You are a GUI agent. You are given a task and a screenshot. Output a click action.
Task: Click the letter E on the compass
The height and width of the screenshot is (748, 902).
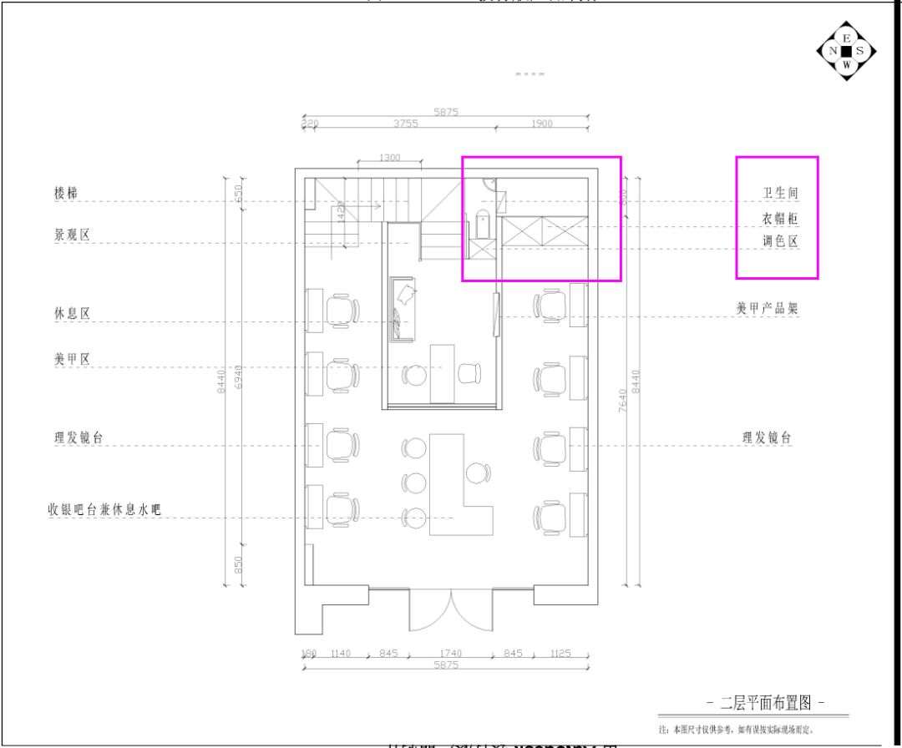[x=846, y=38]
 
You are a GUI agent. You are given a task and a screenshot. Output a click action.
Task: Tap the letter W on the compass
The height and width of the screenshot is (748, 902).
[x=846, y=64]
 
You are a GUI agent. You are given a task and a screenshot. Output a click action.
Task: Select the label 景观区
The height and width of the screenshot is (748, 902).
[x=72, y=235]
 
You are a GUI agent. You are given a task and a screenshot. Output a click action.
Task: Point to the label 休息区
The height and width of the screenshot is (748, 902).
[x=72, y=313]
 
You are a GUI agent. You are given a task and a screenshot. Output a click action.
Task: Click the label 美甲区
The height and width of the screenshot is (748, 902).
[x=72, y=359]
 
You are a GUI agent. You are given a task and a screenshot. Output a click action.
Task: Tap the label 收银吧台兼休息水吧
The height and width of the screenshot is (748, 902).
[x=104, y=509]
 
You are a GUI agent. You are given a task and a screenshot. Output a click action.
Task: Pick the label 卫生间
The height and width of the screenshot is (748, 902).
[x=780, y=193]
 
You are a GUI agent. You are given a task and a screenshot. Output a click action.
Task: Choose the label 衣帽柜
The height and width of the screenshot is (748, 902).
[x=780, y=219]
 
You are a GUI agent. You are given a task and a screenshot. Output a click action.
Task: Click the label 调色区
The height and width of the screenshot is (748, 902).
[x=780, y=241]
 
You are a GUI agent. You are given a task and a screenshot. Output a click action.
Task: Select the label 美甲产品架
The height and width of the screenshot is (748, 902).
[x=767, y=308]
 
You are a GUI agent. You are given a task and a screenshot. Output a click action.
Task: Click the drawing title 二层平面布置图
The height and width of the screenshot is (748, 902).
[x=766, y=702]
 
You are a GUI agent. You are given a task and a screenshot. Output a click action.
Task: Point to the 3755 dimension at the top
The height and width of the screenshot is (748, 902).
[x=405, y=124]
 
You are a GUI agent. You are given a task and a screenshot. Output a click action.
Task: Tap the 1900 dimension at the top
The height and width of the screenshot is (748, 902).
[x=541, y=124]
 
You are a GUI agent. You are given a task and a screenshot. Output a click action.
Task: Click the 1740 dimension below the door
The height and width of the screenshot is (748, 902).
[x=451, y=654]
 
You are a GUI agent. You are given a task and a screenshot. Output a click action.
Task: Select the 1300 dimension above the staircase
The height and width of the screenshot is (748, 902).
[x=389, y=157]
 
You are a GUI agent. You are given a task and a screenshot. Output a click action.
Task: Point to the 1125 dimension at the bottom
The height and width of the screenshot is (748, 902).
[x=560, y=654]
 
